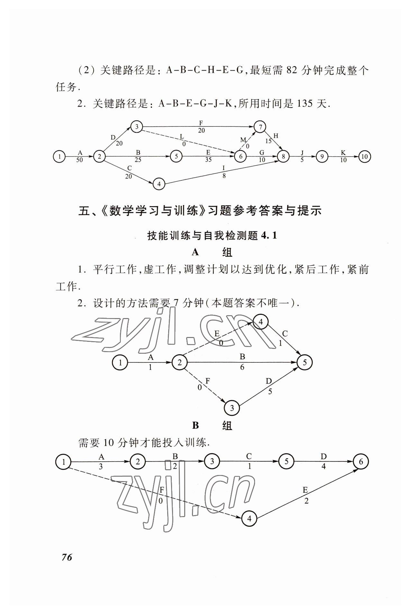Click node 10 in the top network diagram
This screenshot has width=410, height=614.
[364, 157]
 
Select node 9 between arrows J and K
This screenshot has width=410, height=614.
[322, 157]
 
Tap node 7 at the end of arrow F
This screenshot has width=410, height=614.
[260, 126]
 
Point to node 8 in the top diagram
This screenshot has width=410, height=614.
[283, 157]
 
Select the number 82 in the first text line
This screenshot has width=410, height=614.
[291, 70]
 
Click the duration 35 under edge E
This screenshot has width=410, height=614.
[208, 160]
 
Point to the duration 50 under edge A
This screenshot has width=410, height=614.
[79, 160]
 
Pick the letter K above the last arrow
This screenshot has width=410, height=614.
[343, 153]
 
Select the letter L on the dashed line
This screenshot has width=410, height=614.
[182, 137]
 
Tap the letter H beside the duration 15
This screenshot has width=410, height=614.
[276, 136]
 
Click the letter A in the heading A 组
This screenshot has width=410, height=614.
[195, 252]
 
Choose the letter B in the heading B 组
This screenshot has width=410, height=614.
[195, 426]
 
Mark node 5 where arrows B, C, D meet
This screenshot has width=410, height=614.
[304, 362]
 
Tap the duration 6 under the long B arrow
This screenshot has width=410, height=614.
[242, 367]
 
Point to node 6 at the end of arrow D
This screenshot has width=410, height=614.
[360, 462]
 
